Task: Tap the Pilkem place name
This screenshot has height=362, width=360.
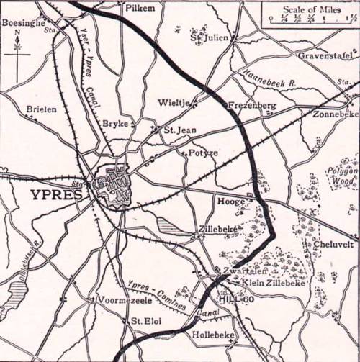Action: [x=140, y=9]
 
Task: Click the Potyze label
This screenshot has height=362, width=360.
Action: [x=202, y=153]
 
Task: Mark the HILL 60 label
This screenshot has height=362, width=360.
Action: [x=233, y=297]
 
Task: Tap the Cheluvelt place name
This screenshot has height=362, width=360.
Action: [x=333, y=245]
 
